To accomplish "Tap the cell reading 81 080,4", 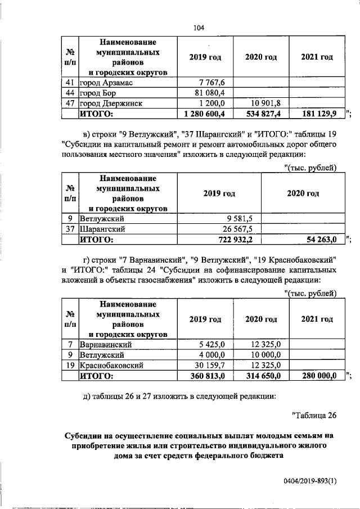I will [209, 93].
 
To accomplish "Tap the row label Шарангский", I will [102, 229].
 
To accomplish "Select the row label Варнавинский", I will [106, 344].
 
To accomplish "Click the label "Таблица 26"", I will [314, 416].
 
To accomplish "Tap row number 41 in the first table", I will [70, 83].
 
